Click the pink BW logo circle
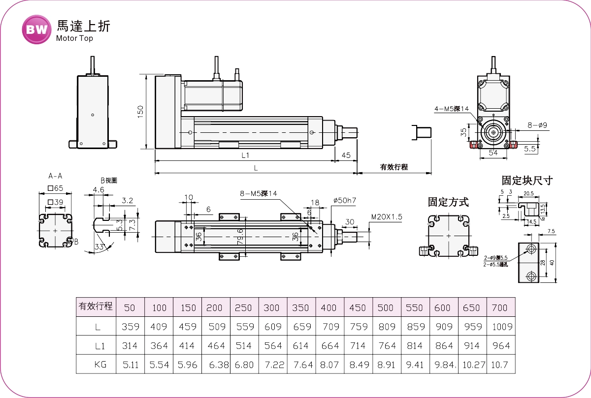pos(36,29)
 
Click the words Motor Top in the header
pos(74,38)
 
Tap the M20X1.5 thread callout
pos(387,216)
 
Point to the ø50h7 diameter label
pos(344,200)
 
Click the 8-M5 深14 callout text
pos(259,193)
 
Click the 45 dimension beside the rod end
pos(346,155)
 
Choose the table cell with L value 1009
pos(501,326)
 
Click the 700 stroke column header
pos(499,307)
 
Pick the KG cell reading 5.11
pos(130,366)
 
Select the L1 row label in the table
pos(100,346)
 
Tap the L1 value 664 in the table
pos(329,346)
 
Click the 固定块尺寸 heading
pos(527,181)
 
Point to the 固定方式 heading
pos(448,202)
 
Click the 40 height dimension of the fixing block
pos(552,263)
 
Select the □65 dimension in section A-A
pos(55,188)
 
